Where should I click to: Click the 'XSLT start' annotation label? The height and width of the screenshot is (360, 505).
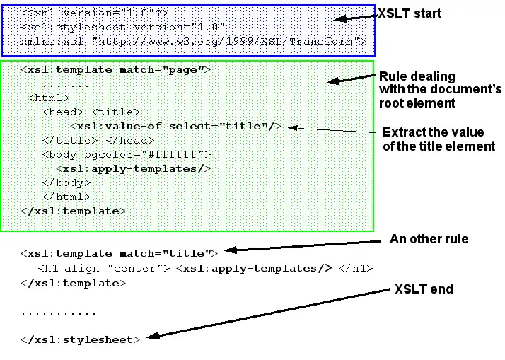[410, 13]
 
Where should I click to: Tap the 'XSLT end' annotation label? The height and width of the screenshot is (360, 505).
[424, 289]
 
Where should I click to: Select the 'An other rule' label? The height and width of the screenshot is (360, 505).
[429, 239]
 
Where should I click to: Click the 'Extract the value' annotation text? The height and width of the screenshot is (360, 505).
[433, 132]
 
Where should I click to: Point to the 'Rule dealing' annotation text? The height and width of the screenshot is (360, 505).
[417, 76]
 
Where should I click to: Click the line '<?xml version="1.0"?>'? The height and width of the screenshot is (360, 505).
[95, 13]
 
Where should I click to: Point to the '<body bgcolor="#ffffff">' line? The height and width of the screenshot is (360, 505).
[127, 154]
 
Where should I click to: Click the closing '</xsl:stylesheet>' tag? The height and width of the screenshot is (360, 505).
[81, 339]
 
